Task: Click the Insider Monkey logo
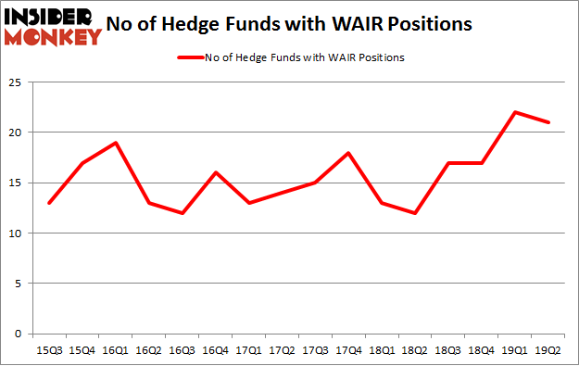click(53, 26)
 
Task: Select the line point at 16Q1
click(115, 143)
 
